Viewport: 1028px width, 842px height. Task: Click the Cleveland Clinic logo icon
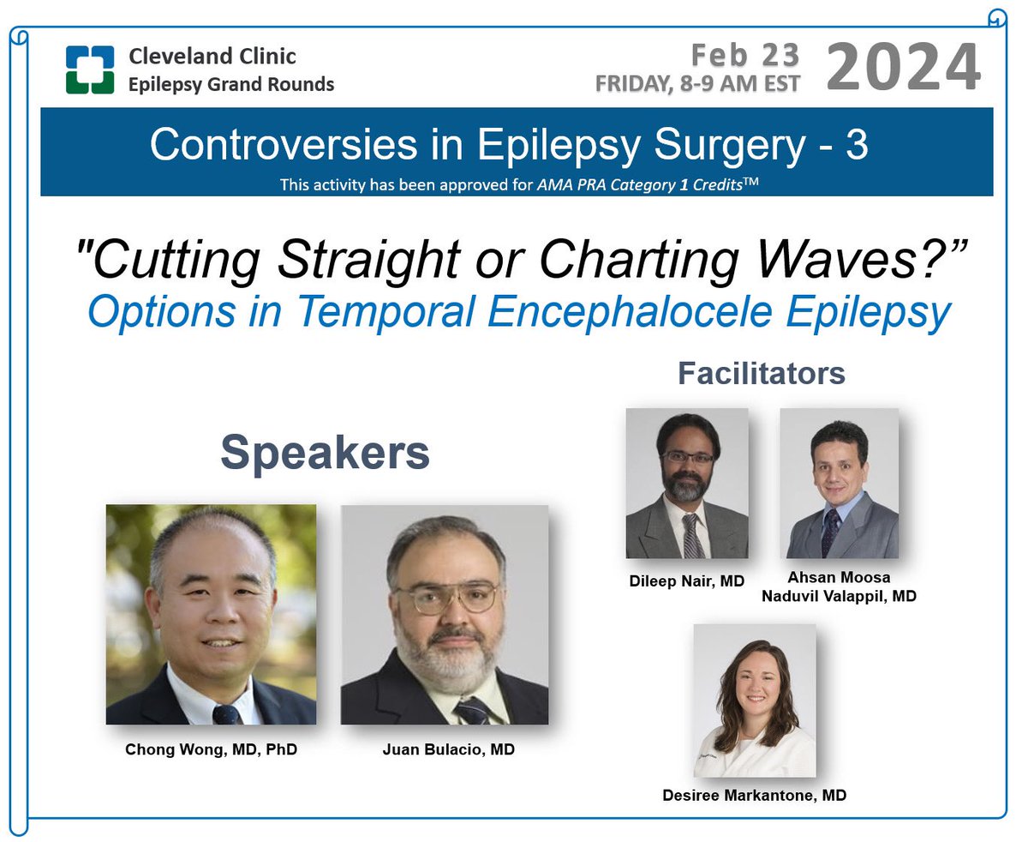coord(90,70)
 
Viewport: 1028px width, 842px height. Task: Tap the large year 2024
coord(903,67)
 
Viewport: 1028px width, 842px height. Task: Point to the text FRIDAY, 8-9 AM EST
coord(698,84)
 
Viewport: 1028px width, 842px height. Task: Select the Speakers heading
coord(325,454)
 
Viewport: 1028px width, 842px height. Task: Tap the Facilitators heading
coord(762,373)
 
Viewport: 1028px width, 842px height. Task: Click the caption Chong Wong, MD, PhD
coord(211,749)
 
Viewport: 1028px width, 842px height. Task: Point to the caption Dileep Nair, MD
coord(686,581)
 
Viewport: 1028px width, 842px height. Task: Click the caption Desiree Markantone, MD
coord(754,795)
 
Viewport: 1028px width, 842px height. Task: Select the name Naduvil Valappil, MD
coord(839,595)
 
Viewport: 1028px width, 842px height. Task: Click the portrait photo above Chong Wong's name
coord(211,614)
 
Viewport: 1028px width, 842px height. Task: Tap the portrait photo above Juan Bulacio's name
coord(445,614)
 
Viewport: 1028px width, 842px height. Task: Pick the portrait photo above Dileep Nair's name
coord(686,483)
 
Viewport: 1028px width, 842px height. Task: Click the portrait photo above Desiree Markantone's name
coord(754,700)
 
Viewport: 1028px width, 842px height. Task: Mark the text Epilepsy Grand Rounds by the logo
coord(231,84)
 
